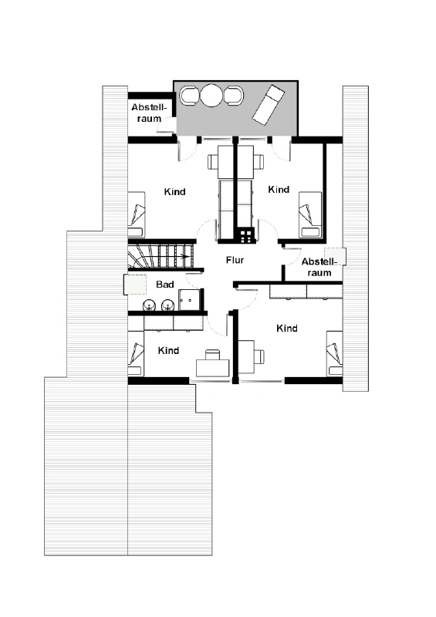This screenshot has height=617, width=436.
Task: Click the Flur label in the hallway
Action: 235,260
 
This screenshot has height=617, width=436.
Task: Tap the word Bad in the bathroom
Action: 164,284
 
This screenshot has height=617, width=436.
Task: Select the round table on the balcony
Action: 211,95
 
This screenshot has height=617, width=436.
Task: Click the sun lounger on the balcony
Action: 268,104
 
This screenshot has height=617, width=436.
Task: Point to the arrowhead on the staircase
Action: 184,258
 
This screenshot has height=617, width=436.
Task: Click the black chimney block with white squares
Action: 245,236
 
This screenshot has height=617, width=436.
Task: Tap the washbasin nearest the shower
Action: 168,305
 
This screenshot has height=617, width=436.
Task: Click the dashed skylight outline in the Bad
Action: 135,284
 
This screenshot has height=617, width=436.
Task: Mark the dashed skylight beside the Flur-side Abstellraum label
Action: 335,256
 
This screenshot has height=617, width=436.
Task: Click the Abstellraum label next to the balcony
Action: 149,113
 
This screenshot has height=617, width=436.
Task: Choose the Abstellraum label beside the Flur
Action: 319,267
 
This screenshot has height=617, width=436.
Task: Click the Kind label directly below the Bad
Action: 168,350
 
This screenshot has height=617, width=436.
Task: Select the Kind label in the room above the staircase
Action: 174,191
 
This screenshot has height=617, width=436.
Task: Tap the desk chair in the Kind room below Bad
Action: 213,354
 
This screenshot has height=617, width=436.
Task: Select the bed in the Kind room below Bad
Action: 137,352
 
